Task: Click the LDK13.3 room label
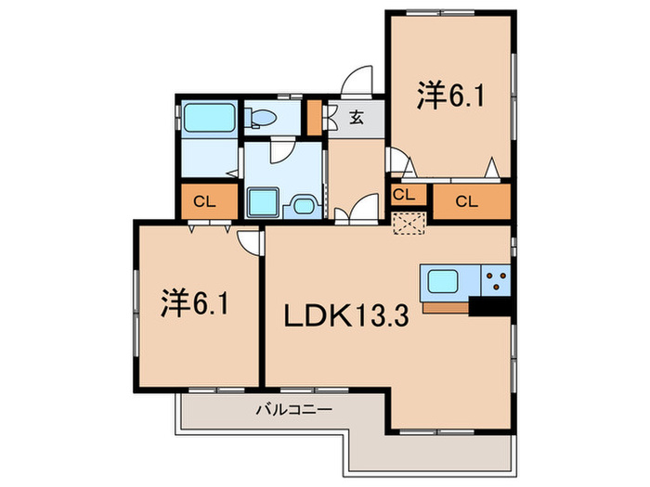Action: tap(346, 315)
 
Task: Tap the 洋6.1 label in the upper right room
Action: tap(450, 96)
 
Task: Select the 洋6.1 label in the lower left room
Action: tap(195, 302)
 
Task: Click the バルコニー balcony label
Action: tap(293, 410)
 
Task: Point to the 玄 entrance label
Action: tap(357, 118)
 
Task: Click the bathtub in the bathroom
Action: tap(209, 118)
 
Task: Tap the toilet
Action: tap(261, 118)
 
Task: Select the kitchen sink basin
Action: tap(443, 281)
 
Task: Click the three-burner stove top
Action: tap(496, 280)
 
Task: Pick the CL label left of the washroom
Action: tap(205, 201)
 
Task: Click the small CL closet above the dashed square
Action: tap(409, 195)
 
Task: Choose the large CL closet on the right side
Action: tap(472, 201)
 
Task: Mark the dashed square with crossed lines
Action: tap(409, 224)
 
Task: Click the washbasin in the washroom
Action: tap(305, 206)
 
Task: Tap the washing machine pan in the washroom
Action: tap(263, 202)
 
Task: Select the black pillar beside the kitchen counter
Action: tap(489, 307)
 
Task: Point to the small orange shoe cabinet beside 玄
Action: tap(315, 118)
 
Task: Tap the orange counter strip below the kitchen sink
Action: tap(446, 308)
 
